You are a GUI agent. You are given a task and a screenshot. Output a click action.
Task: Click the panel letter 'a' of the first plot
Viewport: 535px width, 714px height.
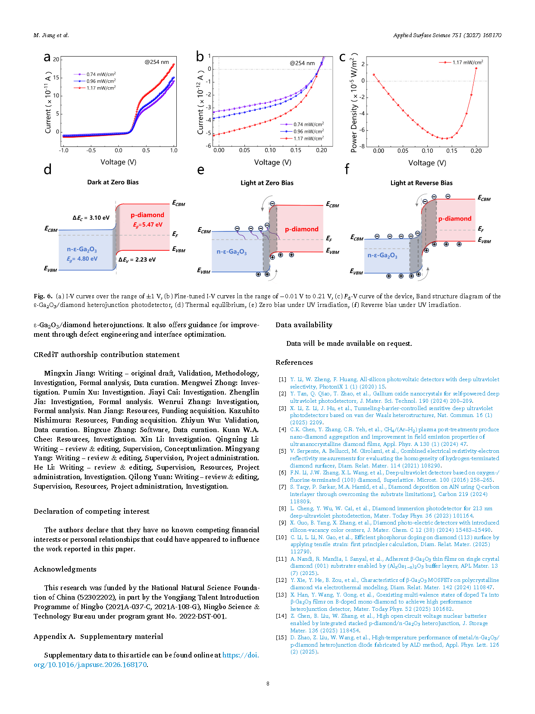point(47,57)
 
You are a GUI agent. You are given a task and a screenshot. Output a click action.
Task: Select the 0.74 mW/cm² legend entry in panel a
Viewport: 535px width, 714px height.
point(94,74)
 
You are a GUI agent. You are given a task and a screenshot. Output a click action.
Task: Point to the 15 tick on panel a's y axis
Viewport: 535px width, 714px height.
point(56,77)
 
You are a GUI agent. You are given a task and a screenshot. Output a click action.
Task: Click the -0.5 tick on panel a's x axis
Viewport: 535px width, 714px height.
point(91,150)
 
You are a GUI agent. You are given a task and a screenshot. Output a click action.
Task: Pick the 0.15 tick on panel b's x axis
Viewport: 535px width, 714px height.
point(296,150)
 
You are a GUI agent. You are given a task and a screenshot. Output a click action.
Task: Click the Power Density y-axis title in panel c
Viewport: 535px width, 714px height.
point(354,102)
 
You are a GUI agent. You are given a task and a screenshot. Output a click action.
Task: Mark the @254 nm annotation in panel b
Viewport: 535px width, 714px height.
point(302,63)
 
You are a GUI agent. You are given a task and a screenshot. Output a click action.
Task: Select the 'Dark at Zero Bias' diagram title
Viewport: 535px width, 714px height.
point(113,182)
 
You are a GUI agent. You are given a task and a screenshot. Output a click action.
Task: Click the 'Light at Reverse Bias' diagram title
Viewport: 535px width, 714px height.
point(421,183)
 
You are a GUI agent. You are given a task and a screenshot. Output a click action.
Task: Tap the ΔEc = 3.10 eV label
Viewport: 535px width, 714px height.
point(91,218)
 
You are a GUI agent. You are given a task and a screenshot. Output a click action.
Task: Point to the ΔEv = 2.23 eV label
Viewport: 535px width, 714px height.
point(137,259)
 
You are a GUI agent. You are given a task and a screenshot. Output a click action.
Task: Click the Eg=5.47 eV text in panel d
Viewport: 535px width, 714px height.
point(147,225)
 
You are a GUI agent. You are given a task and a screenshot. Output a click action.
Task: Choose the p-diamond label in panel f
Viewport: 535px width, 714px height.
point(455,218)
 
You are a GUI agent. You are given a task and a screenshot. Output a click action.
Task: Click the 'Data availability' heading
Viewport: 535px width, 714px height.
point(304,325)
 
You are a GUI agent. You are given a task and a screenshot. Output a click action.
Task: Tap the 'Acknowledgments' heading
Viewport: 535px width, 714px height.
point(65,569)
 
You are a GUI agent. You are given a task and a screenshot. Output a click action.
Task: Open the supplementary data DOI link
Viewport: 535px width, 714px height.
point(146,660)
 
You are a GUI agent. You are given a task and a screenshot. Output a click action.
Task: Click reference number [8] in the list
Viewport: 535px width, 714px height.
point(282,509)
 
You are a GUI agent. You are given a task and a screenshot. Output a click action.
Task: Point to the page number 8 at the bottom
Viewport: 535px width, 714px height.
point(268,684)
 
